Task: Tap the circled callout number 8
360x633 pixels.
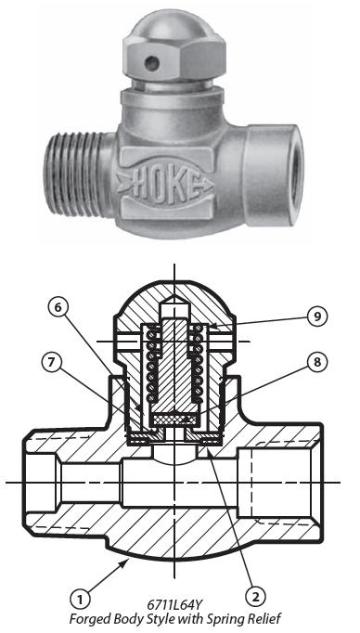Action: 316,362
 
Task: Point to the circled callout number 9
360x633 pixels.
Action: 317,316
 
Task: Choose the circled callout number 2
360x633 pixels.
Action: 255,597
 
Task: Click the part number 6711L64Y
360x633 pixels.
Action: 174,604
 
